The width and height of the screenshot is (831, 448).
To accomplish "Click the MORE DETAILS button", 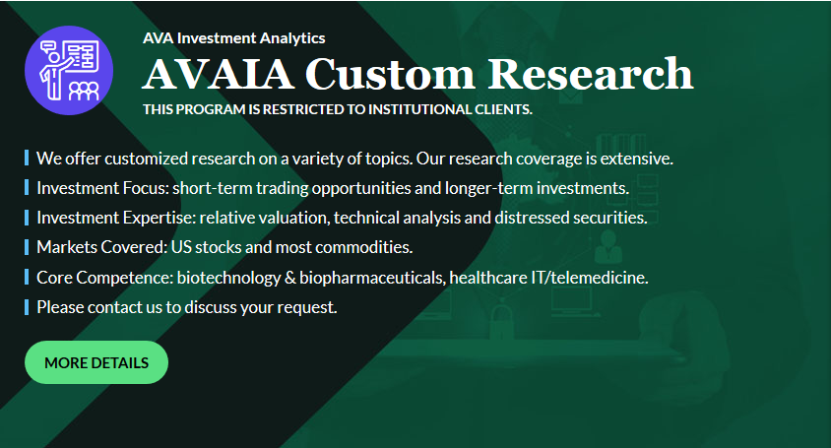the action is (96, 362).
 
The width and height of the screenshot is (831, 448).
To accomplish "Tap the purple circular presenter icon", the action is (69, 70).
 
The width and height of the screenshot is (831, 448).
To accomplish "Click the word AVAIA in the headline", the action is (218, 74).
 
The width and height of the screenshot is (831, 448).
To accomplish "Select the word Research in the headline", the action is (591, 73).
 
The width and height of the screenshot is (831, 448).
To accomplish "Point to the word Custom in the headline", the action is (390, 74).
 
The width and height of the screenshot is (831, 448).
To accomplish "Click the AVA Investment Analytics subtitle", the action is (233, 38).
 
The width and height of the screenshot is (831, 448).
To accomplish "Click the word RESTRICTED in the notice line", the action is (303, 109).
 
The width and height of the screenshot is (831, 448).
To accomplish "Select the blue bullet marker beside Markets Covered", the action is (27, 247).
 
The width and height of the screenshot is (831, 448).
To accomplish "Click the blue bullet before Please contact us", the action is (27, 307).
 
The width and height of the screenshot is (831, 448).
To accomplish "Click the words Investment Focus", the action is (101, 188).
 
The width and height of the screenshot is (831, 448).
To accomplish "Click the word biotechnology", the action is (228, 278).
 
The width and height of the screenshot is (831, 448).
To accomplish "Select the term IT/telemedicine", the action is (590, 278).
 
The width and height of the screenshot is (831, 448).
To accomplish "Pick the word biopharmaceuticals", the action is (372, 278).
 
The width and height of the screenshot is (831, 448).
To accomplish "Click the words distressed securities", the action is (571, 218).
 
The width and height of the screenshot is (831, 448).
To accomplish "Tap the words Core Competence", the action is (104, 278).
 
